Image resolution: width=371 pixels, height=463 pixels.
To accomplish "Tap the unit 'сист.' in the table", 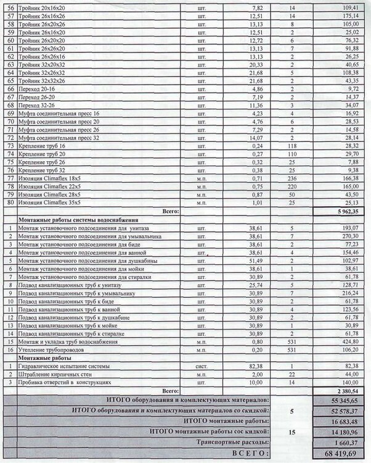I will click(x=200, y=367).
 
